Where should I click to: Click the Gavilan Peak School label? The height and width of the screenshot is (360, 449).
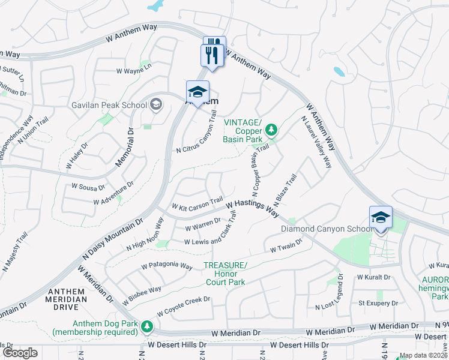pos(109,105)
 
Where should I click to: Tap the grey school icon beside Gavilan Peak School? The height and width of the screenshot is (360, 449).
pos(155,105)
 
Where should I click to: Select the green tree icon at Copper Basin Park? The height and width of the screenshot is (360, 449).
pos(271,129)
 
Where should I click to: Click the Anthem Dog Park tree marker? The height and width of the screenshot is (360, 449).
pos(147,327)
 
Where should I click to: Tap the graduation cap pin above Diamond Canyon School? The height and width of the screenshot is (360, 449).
pos(381,218)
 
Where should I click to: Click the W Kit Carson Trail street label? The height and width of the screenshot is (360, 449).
pos(197,204)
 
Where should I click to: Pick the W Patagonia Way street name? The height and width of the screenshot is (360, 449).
pos(167,266)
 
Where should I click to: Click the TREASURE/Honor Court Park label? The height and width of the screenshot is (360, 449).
pos(225,273)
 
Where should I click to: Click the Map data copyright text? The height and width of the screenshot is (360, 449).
pos(423,355)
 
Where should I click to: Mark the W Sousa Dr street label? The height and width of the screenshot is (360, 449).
pos(88,187)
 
